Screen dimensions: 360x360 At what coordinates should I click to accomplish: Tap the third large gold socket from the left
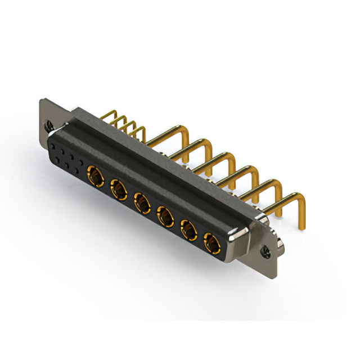(142, 201)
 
